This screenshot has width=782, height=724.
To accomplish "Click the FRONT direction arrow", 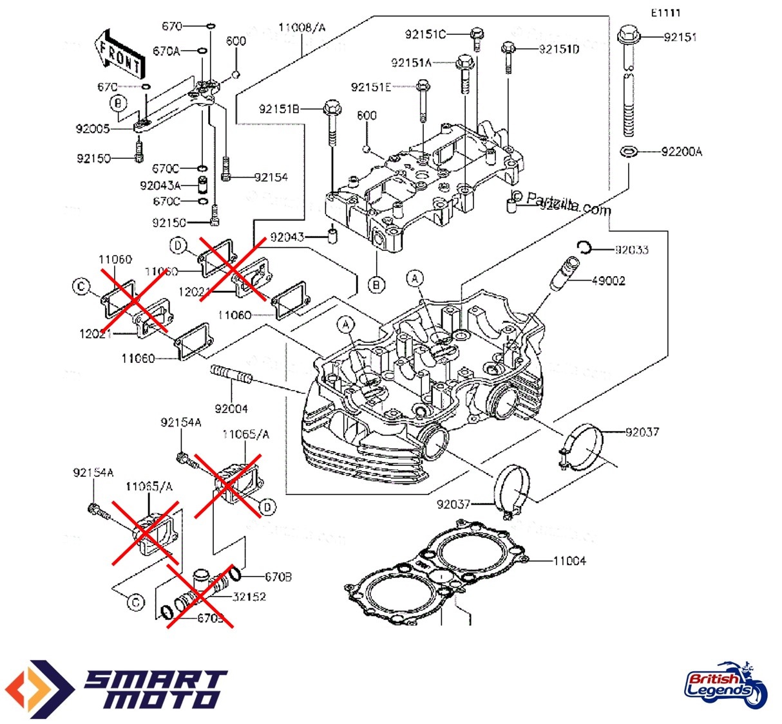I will click(119, 55).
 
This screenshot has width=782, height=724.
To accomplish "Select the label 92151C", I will click(424, 34).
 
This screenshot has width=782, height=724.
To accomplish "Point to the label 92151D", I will click(558, 49).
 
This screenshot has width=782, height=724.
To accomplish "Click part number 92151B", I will click(279, 109).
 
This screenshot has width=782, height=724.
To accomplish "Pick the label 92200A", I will click(682, 152).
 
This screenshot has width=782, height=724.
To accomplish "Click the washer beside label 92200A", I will click(628, 151).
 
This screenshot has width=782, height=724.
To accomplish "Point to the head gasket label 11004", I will click(569, 561).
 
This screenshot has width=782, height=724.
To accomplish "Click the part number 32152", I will click(249, 597).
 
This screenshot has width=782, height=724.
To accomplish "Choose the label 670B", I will click(278, 577).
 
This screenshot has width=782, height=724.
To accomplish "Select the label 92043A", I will click(160, 185).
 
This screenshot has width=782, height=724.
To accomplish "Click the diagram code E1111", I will click(665, 13).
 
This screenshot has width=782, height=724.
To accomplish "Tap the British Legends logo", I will click(725, 685).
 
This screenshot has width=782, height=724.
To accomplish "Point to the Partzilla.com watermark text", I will click(567, 204).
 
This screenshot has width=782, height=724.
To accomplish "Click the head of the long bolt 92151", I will click(629, 35).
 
